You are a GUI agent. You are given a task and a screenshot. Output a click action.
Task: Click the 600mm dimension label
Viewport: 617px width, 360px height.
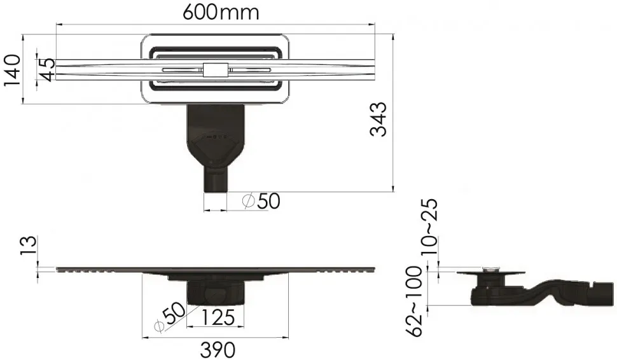(x=221, y=13)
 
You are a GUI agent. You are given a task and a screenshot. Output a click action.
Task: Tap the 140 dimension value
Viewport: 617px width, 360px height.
(x=12, y=70)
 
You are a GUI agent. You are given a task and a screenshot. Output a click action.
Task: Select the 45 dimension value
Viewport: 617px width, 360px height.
(x=47, y=69)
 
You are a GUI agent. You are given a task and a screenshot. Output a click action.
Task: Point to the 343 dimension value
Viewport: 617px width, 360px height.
(x=378, y=119)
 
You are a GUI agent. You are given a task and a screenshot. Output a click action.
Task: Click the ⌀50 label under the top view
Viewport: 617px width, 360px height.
(x=261, y=201)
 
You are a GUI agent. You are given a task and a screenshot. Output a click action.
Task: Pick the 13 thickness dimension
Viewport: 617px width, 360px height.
(x=30, y=246)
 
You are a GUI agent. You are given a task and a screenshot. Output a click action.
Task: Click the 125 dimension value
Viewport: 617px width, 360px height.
(x=218, y=317)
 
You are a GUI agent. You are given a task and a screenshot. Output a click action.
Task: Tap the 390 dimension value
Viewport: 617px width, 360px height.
(x=218, y=349)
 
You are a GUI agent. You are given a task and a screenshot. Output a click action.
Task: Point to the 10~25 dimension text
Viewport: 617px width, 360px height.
(x=429, y=227)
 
